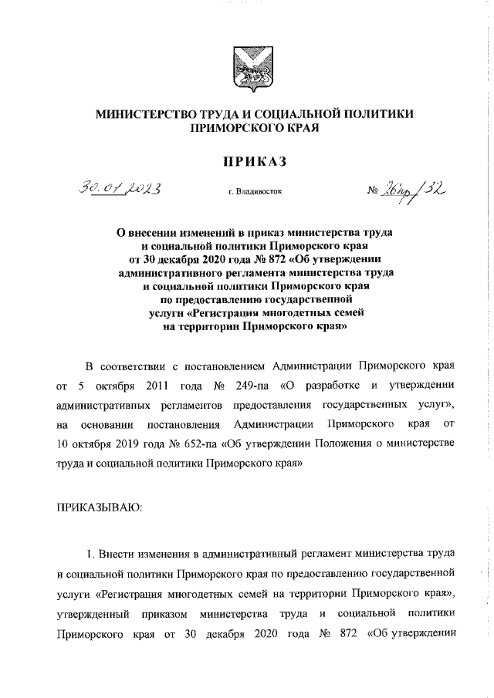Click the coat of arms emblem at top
coord(248,69)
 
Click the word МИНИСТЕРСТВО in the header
coord(147,114)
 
